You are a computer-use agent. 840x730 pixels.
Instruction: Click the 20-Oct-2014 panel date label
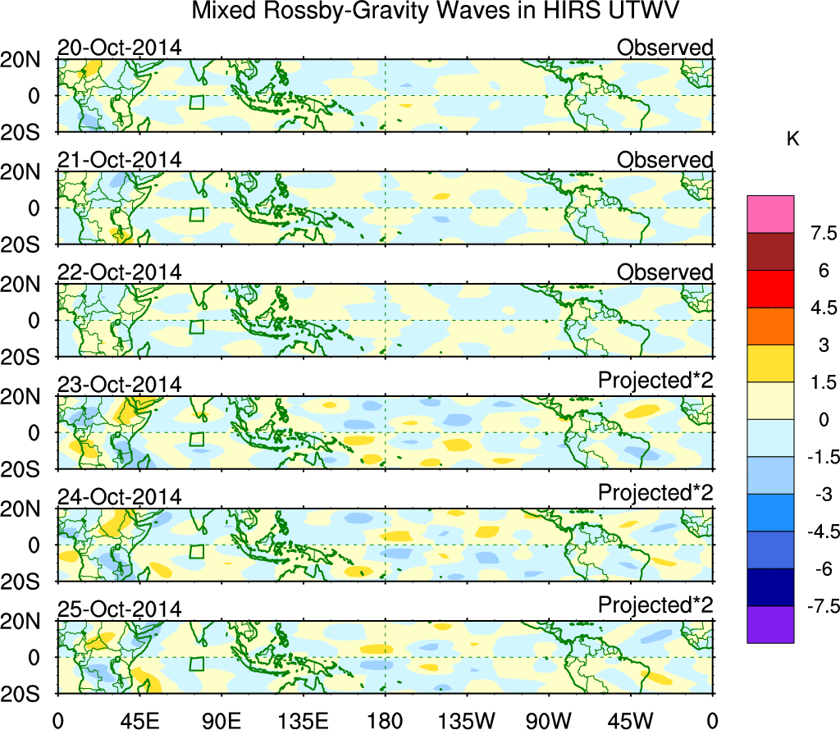coord(119,48)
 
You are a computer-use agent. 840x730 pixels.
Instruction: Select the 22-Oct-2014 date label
coord(119,272)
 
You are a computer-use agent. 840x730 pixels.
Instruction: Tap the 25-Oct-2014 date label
coord(119,609)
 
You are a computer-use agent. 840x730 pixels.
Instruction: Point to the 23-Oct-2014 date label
coord(119,385)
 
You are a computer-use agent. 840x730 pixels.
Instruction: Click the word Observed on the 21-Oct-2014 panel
coord(664,160)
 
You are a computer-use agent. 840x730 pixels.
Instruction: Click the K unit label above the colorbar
coord(792,139)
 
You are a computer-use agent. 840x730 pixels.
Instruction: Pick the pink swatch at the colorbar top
coord(770,214)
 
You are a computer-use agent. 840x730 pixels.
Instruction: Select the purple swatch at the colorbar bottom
coord(770,624)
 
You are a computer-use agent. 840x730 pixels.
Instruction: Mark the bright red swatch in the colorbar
coord(770,289)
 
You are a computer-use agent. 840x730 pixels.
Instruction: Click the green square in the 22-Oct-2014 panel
coord(196,326)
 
